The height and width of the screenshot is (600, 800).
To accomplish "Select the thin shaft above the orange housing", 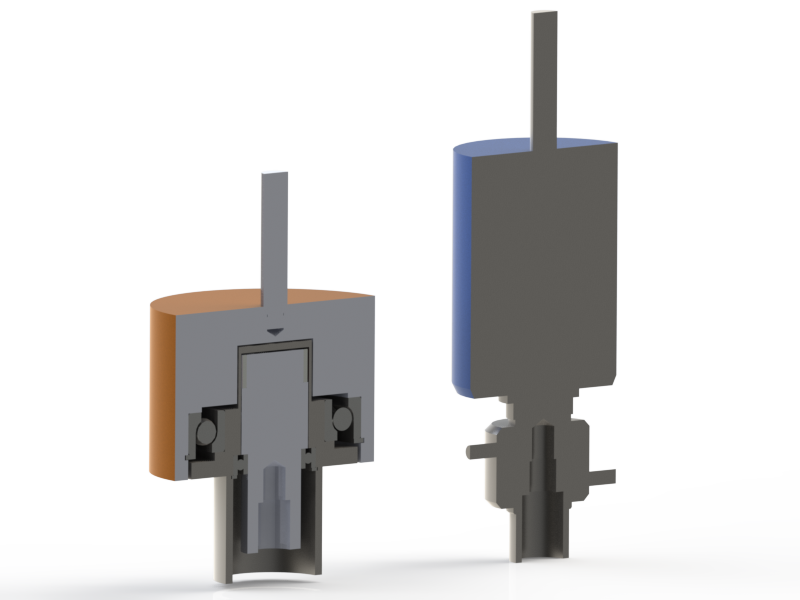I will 274,230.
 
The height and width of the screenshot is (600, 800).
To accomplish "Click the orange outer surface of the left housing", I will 161,390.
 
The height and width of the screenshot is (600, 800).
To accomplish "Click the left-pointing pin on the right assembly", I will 475,451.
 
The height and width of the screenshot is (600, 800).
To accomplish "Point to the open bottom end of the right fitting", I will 541,554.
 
